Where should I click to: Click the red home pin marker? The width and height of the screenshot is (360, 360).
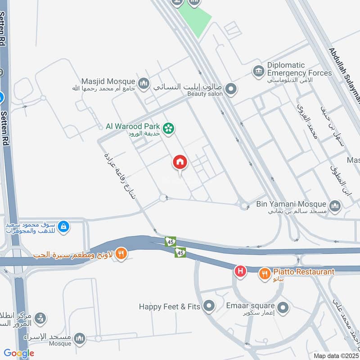point(180,162)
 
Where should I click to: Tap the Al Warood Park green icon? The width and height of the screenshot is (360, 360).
point(169,129)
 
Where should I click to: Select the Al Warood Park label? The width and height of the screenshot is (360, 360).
point(134,126)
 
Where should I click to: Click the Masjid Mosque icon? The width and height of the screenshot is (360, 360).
point(144,83)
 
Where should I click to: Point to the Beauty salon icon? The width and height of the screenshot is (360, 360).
point(231,89)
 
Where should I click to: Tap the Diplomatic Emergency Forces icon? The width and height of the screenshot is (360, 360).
point(258,71)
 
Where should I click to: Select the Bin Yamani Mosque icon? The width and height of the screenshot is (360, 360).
point(335,207)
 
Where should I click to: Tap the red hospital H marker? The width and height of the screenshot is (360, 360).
point(241,271)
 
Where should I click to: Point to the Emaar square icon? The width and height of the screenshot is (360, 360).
point(283,308)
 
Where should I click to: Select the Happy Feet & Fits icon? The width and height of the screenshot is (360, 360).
point(208,307)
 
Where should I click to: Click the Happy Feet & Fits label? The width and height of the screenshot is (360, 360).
point(169,307)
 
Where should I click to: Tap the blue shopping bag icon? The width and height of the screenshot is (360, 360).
point(64,226)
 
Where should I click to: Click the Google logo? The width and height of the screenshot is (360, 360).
point(19,353)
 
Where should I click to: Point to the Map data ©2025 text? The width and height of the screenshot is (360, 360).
point(336,355)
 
